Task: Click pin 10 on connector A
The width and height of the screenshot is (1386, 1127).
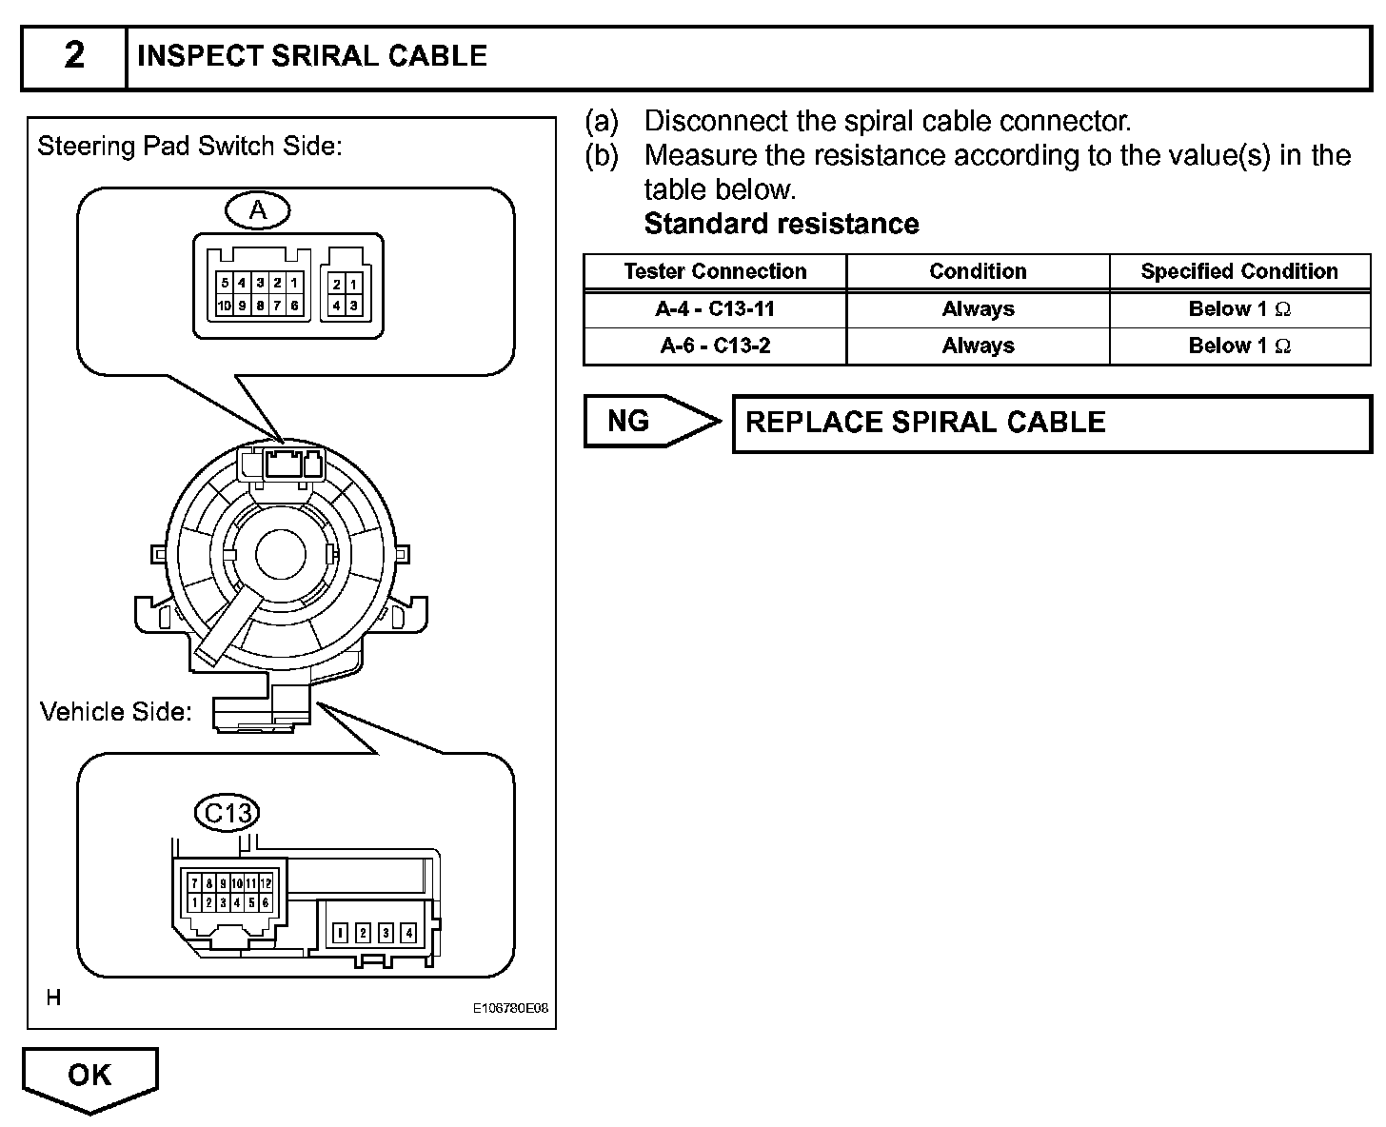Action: pos(224,306)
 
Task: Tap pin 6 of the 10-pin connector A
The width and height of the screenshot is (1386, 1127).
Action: pos(295,306)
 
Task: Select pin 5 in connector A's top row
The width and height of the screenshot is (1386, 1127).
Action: pos(225,283)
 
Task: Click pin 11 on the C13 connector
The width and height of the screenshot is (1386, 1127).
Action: pos(251,884)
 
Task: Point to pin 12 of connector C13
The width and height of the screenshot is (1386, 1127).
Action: pos(267,884)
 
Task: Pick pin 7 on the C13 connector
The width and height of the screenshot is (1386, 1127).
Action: pos(195,884)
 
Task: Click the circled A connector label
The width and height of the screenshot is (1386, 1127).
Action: pos(258,210)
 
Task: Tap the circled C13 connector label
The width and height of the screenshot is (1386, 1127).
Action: pos(228,813)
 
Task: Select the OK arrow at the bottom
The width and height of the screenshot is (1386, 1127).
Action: pos(90,1077)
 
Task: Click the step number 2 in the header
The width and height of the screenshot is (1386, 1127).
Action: pos(74,56)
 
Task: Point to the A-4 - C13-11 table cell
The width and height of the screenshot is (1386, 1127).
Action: pos(715,309)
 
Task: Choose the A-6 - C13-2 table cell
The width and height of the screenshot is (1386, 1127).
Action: pos(715,346)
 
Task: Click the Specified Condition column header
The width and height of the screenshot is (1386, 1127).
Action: pos(1239,271)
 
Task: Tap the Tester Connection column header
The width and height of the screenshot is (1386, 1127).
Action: pos(715,271)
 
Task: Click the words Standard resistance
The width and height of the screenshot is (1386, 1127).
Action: pos(782,224)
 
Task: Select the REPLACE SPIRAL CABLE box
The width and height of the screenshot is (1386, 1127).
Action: pos(1051,424)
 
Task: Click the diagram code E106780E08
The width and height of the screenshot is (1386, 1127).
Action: pos(511,1009)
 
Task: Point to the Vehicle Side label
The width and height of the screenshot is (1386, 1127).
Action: pos(116,712)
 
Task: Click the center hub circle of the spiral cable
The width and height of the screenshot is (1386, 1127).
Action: pos(278,554)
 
